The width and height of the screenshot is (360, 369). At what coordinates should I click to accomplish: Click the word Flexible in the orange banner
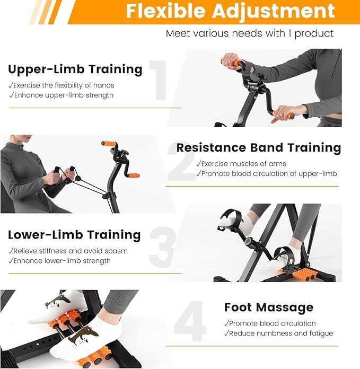point(165,11)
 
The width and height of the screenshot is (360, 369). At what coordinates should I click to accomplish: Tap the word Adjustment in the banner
point(274,12)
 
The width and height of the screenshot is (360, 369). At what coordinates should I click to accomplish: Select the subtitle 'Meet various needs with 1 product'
point(250,33)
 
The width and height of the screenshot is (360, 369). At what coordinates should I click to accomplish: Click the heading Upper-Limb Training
point(75,69)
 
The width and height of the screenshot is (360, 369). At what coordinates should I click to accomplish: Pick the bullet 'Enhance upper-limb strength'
point(61,95)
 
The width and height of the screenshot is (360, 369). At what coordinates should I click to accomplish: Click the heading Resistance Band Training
point(259,148)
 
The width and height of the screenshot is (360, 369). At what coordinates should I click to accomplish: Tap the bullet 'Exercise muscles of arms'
point(241,163)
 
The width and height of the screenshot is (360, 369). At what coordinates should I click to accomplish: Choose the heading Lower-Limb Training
point(74,235)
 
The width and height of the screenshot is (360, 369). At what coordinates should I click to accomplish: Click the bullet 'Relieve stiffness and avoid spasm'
point(68,251)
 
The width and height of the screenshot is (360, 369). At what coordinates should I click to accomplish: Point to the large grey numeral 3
point(162,247)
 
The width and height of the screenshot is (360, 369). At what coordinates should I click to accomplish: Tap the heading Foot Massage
point(269,307)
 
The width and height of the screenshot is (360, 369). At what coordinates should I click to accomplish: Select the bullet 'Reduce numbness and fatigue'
point(278,333)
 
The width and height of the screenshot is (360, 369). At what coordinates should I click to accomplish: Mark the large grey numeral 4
point(190,321)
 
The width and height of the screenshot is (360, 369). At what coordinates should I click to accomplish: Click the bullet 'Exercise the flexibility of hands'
point(61,85)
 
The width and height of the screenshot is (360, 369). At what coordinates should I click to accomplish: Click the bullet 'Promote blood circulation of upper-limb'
point(267,174)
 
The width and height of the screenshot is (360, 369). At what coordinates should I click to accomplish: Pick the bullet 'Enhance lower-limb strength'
point(59,261)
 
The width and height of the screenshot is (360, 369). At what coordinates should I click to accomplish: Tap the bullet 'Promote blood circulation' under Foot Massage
point(270,323)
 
